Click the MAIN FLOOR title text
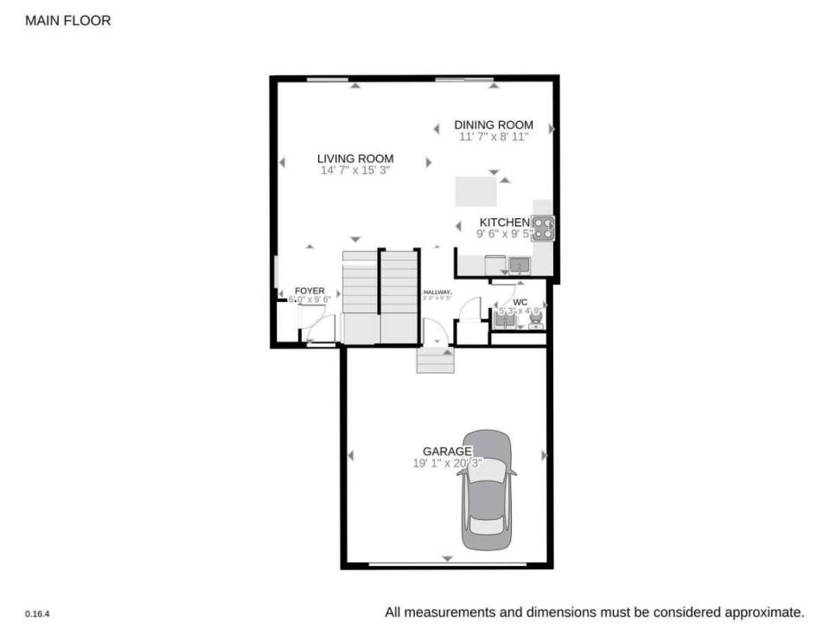click(68, 20)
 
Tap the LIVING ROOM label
click(354, 158)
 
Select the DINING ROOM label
click(494, 125)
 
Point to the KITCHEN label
click(504, 222)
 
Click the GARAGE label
click(447, 451)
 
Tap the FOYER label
click(310, 291)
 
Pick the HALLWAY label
click(437, 292)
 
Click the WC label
click(520, 303)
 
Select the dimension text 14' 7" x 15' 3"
click(354, 170)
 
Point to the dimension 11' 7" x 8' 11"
click(494, 137)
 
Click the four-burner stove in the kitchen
click(543, 228)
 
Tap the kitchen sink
click(520, 265)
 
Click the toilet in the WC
click(536, 321)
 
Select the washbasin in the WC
click(503, 319)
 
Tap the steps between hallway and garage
click(435, 360)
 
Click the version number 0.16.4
click(36, 613)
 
